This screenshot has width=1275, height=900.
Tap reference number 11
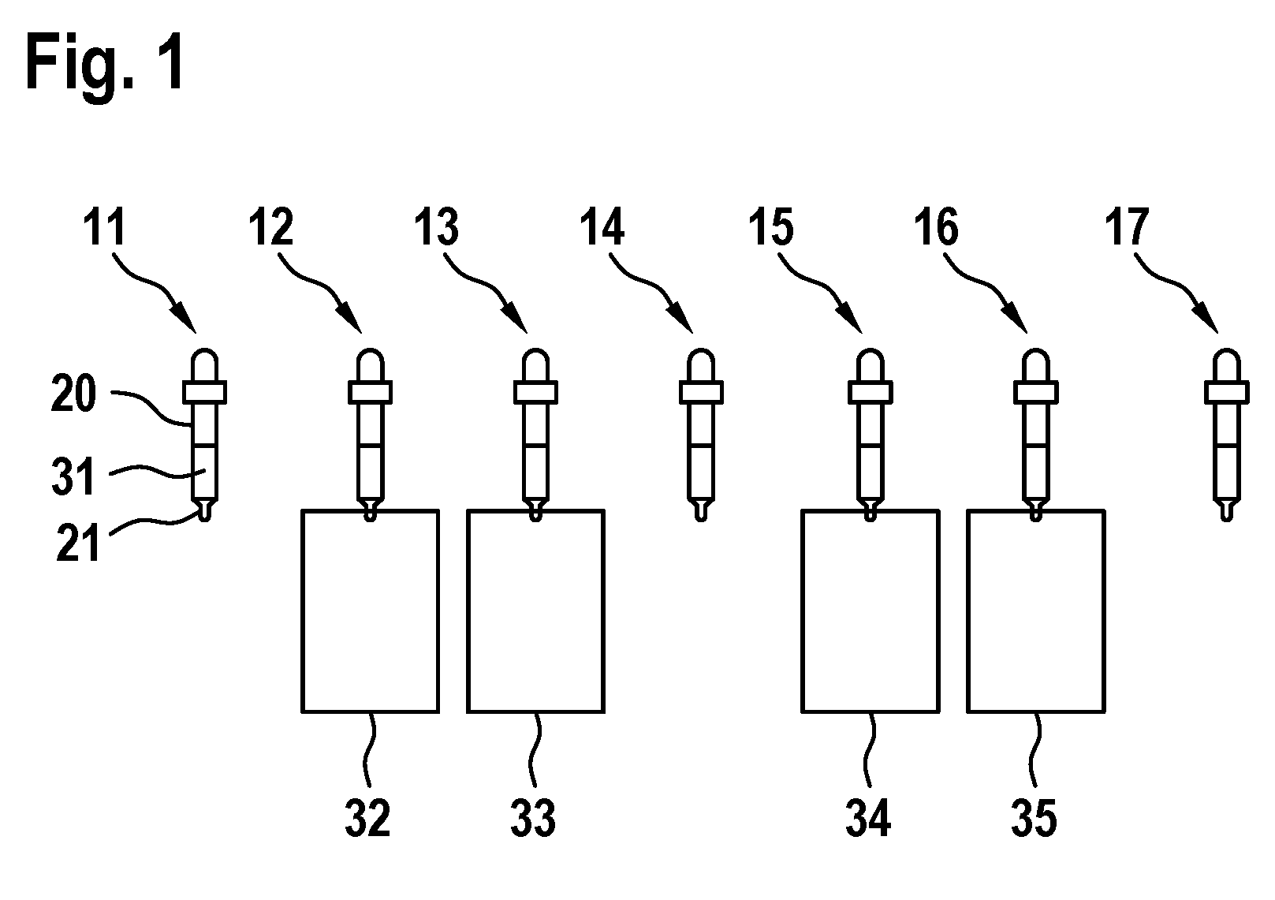(104, 227)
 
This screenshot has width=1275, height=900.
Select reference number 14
(602, 227)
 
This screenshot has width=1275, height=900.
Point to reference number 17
(1127, 227)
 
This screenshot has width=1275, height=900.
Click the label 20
(73, 394)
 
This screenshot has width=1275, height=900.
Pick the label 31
(73, 477)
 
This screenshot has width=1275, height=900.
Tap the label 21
(77, 544)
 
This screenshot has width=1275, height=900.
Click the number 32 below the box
(367, 818)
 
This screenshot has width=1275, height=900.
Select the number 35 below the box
(1034, 818)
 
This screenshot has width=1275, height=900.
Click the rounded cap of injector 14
(701, 364)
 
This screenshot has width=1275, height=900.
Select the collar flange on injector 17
(1227, 392)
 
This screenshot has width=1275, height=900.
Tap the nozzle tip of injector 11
(205, 510)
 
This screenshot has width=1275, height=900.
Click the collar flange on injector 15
(871, 392)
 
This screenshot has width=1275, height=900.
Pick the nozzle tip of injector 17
(1227, 510)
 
